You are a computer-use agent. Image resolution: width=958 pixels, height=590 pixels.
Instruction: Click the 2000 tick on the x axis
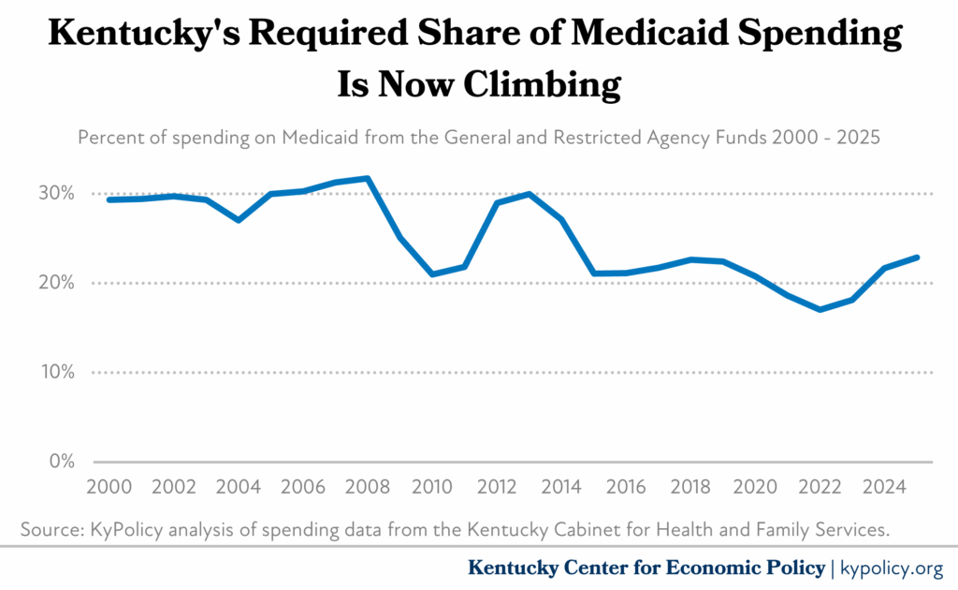[109, 488]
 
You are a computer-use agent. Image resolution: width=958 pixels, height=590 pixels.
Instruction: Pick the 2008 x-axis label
[368, 488]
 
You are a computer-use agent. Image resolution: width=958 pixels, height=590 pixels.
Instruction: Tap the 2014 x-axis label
[561, 488]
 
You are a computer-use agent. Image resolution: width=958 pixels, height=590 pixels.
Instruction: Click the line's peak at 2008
[368, 178]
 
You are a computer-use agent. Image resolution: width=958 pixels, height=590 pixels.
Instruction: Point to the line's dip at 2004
[238, 220]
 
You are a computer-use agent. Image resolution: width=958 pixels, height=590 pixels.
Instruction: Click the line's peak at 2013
[530, 194]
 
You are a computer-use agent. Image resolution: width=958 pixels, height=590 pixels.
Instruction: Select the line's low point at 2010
[432, 274]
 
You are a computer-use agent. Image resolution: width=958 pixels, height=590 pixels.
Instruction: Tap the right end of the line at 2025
[918, 257]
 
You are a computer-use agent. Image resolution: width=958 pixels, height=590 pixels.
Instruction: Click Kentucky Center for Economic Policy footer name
[646, 568]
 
